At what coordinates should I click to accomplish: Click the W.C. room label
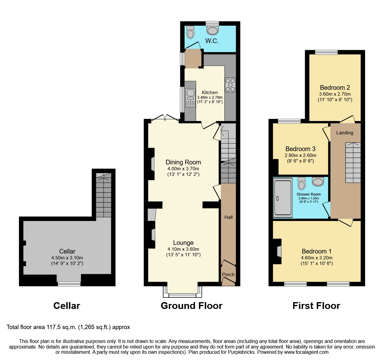212,41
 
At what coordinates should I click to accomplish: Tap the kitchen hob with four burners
230,85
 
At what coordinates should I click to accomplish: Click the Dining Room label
183,162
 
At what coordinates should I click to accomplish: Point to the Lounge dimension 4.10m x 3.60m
183,249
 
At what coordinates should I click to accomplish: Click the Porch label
228,275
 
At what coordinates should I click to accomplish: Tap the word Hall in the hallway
229,217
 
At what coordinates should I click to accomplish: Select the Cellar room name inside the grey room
67,251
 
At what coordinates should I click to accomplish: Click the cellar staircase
103,195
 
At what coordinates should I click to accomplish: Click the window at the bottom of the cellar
69,284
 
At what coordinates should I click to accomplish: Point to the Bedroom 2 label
335,88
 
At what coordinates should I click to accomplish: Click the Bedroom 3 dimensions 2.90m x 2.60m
300,155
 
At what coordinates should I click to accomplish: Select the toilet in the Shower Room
301,184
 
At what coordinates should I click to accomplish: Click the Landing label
345,133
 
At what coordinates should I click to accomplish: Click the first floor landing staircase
353,163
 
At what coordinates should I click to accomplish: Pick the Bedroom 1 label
316,251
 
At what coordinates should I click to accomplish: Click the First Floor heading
316,306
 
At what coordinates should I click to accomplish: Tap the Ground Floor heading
191,306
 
